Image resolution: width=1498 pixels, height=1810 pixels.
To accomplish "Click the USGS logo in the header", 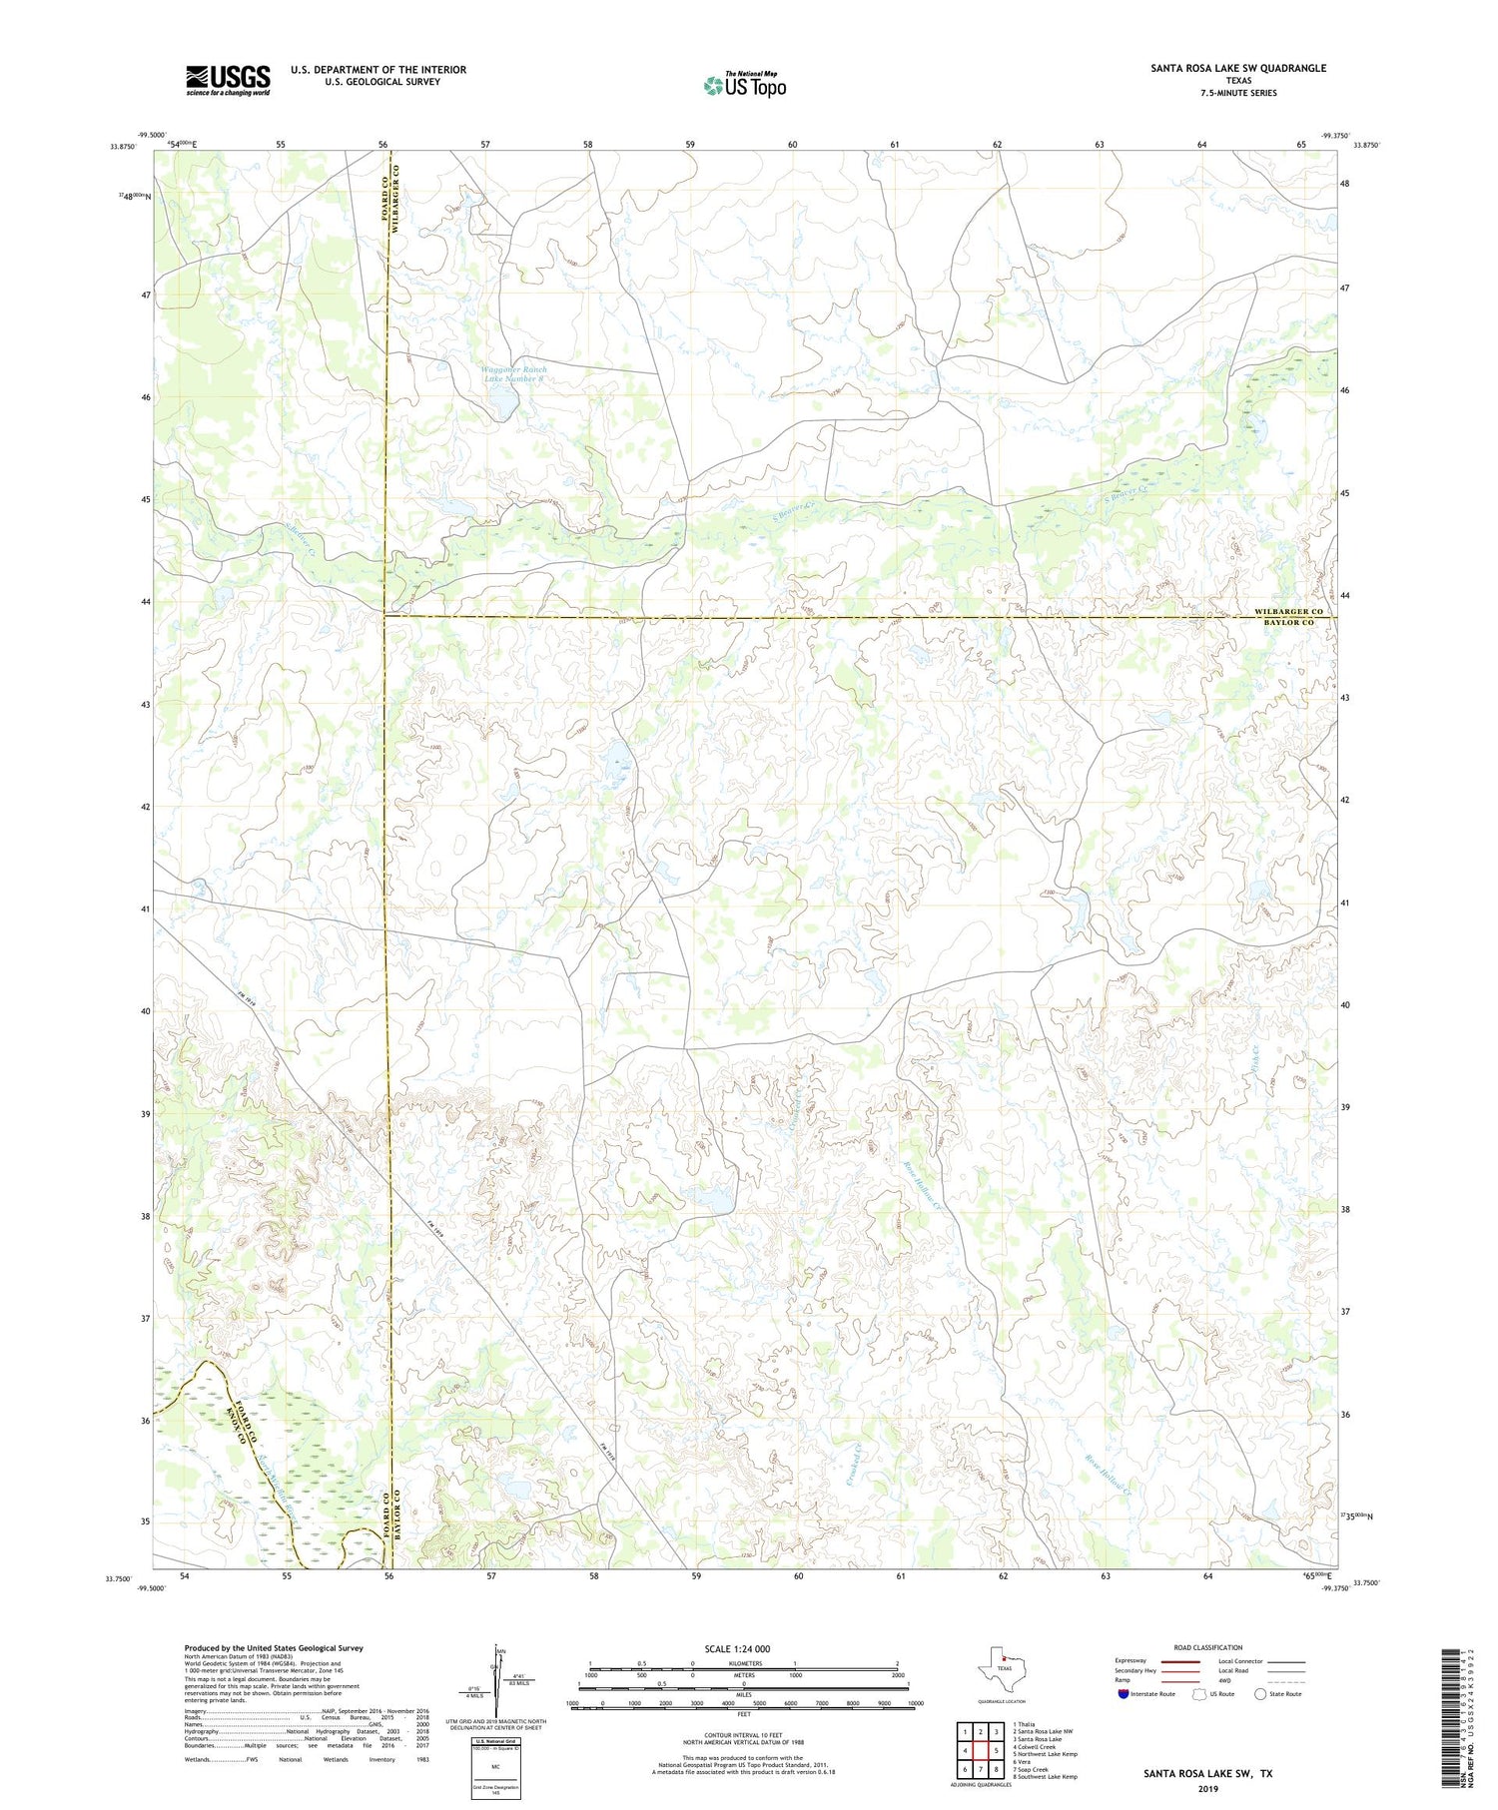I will [228, 80].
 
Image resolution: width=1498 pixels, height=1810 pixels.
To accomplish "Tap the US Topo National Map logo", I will [744, 85].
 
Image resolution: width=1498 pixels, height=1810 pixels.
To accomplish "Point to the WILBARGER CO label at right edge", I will [1288, 611].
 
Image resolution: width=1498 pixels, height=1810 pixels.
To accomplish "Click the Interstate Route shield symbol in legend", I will [1123, 1694].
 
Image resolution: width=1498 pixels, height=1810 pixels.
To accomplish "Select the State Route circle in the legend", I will [1260, 1694].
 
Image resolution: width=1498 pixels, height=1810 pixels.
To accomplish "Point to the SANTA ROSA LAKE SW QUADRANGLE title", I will [1238, 68].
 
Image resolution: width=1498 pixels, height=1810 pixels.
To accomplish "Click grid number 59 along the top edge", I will [690, 145].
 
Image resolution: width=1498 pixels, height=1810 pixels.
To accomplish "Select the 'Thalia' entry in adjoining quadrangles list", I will [1025, 1723].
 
